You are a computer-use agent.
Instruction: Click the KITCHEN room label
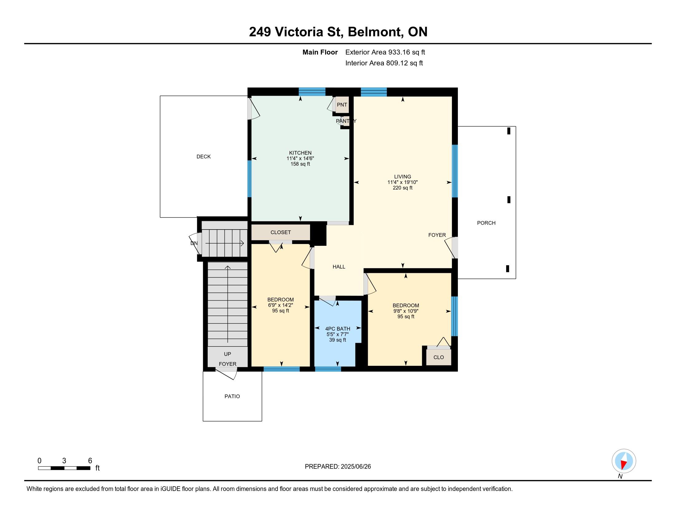click(x=300, y=153)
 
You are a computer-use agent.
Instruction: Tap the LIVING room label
click(x=403, y=177)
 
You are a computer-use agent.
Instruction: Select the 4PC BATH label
click(x=338, y=329)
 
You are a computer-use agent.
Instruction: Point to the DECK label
click(x=203, y=157)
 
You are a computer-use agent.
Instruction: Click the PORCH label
click(x=486, y=223)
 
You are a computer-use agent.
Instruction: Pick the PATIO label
click(x=232, y=396)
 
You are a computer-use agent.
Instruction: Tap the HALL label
click(x=339, y=267)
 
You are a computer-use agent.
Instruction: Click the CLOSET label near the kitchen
click(x=281, y=232)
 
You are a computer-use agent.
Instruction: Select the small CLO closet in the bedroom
click(x=438, y=357)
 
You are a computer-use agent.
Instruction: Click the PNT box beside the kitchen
click(x=342, y=105)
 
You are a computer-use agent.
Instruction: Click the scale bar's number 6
click(x=90, y=461)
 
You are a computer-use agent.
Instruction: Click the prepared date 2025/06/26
click(x=356, y=467)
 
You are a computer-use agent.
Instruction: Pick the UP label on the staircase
click(x=227, y=354)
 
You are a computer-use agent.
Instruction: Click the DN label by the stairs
click(x=194, y=243)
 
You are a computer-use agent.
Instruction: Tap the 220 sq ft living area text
click(x=403, y=188)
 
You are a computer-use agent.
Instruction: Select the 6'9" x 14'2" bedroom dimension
click(x=281, y=305)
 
